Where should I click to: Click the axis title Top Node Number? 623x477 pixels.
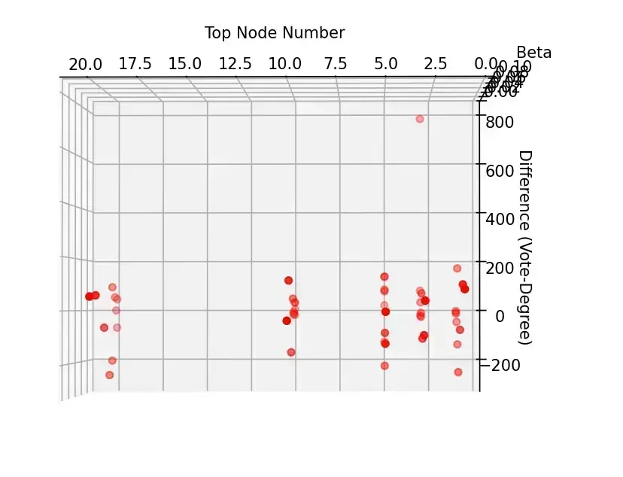tap(275, 33)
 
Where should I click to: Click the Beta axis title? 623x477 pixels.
tap(533, 53)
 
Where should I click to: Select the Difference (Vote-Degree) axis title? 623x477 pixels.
tap(525, 248)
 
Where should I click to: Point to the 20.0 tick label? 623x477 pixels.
tap(85, 64)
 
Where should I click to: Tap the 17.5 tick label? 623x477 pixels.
tap(135, 64)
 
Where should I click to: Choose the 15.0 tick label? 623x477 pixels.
tap(184, 64)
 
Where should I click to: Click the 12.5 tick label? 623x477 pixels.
tap(235, 64)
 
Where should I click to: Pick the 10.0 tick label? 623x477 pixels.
tap(284, 64)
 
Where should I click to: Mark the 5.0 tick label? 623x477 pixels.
tap(385, 64)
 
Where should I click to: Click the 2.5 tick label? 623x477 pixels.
tap(436, 64)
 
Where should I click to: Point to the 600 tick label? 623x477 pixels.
tap(500, 172)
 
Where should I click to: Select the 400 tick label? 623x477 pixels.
tap(500, 220)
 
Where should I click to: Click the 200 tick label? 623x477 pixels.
tap(500, 268)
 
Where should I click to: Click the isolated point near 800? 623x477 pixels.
tap(420, 119)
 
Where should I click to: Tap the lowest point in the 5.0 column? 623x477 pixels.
tap(384, 366)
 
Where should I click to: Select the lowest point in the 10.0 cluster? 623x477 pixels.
tap(291, 352)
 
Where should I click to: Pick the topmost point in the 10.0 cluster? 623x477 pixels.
tap(288, 281)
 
